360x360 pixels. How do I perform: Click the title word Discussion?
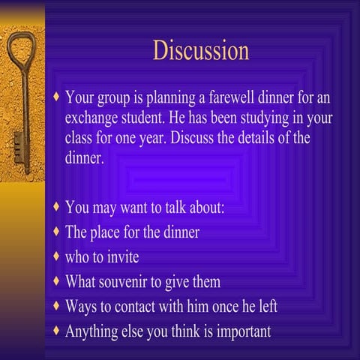coord(201,51)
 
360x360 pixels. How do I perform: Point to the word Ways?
coord(81,307)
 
